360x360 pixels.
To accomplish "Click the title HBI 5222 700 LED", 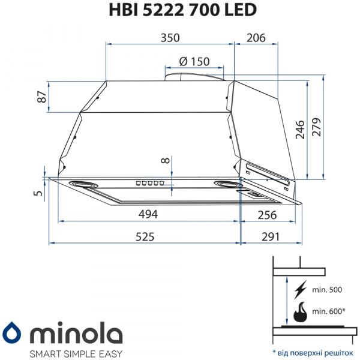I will pyautogui.click(x=179, y=10).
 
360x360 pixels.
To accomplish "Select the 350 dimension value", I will pyautogui.click(x=170, y=38).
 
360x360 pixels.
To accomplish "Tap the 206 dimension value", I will pyautogui.click(x=256, y=38).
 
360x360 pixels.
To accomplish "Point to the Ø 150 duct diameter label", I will pyautogui.click(x=194, y=61).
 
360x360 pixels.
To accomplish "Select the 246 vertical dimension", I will pyautogui.click(x=300, y=129).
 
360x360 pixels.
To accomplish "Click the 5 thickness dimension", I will pyautogui.click(x=38, y=193).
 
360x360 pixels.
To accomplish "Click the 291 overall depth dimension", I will pyautogui.click(x=271, y=236).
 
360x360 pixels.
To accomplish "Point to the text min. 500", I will pyautogui.click(x=327, y=290).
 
